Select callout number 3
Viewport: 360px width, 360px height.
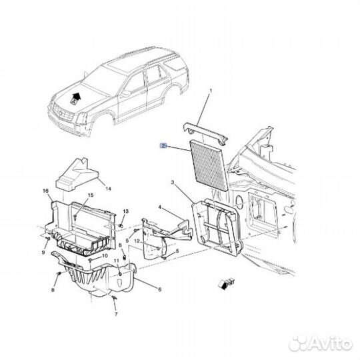pos(172,182)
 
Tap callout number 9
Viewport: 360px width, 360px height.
pos(43,253)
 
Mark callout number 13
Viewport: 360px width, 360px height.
pos(124,211)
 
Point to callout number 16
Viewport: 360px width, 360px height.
pos(46,191)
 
